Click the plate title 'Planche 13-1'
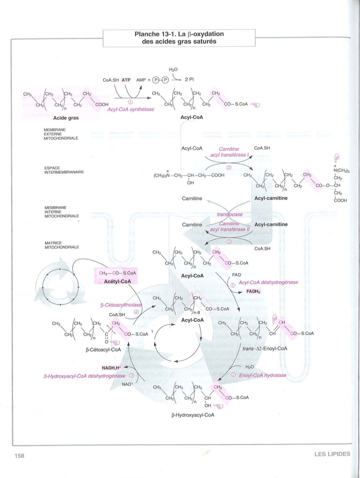coord(179,34)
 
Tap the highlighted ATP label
coord(126,80)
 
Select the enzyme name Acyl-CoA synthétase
coord(131,110)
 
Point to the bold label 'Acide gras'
coord(66,118)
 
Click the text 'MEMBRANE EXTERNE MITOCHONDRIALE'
coord(61,134)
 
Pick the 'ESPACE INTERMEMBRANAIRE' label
coord(64,170)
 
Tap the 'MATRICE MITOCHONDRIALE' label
coord(62,245)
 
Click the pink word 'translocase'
coord(230,214)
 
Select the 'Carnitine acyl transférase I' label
coord(229,152)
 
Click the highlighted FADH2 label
coord(253,291)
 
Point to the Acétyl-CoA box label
coord(117,281)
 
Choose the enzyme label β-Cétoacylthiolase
coord(121,305)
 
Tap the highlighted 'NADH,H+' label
coord(111,368)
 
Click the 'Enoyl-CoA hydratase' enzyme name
coord(263,375)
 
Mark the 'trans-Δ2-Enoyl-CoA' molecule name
coord(265,349)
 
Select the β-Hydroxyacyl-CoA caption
coord(193,415)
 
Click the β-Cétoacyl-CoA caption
coord(103,350)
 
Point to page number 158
coord(19,455)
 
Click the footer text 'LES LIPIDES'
coord(332,454)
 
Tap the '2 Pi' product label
coord(189,80)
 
